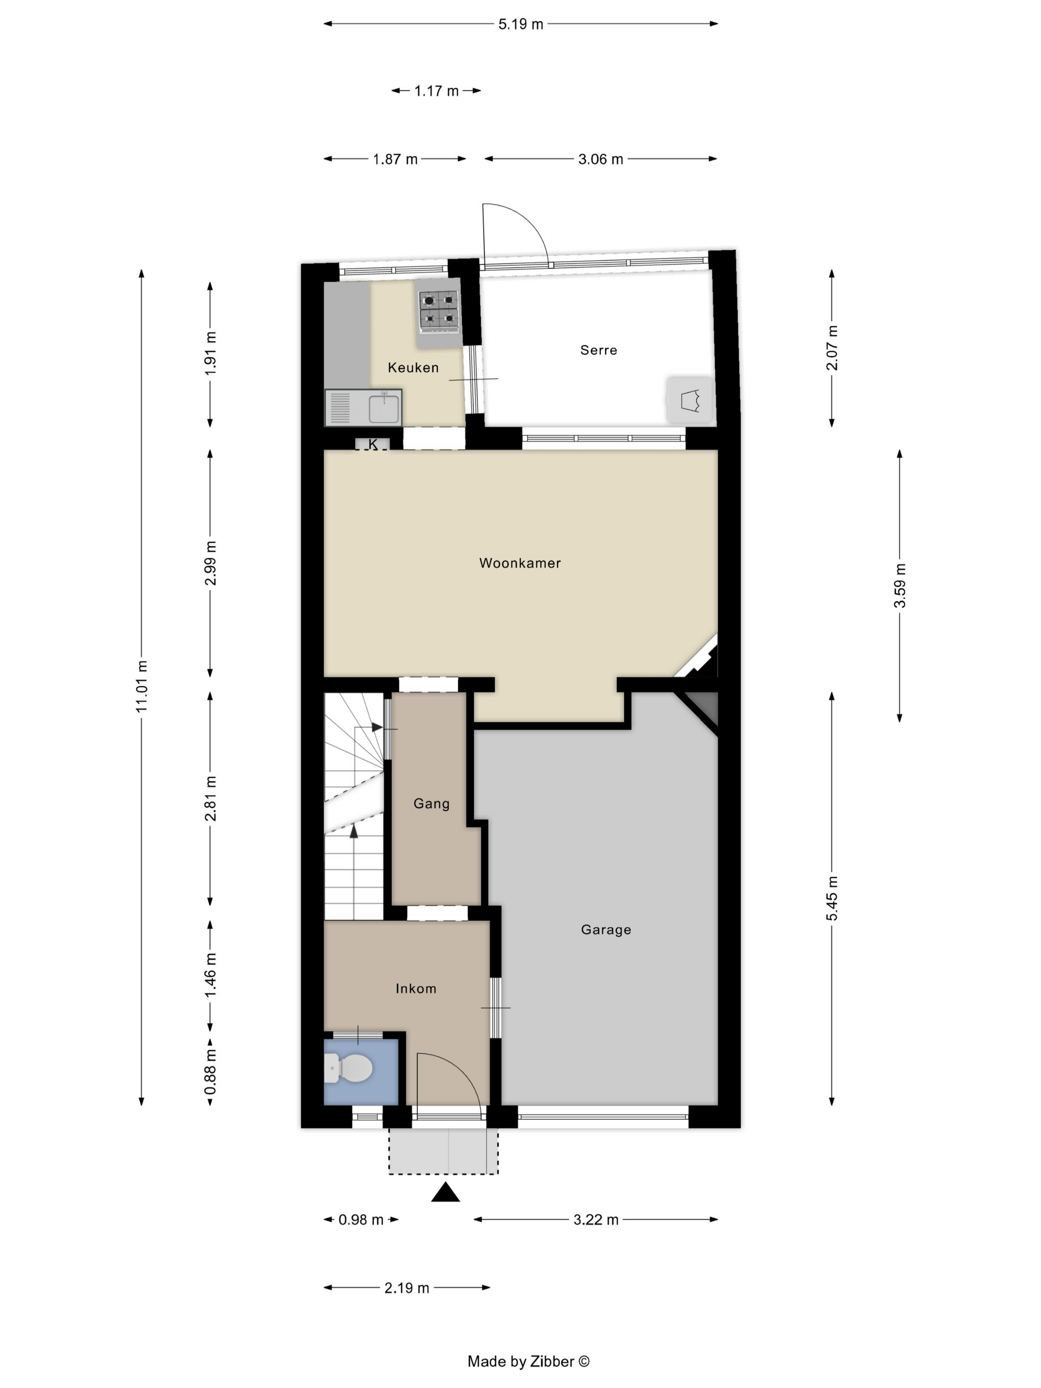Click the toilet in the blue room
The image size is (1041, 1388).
(349, 1067)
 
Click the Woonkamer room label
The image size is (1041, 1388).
(520, 563)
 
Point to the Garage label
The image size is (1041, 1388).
(606, 929)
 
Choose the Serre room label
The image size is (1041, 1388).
(599, 350)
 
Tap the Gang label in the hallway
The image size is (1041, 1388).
(431, 804)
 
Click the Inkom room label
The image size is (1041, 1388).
(415, 988)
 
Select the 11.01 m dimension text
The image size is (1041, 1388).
(141, 687)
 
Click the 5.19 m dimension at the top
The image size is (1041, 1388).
(521, 24)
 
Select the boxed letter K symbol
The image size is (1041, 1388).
(373, 444)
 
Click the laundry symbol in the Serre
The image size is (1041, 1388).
(690, 400)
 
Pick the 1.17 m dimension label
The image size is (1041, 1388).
(436, 91)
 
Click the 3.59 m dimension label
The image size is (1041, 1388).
(899, 585)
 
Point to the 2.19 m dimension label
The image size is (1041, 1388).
(406, 1287)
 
